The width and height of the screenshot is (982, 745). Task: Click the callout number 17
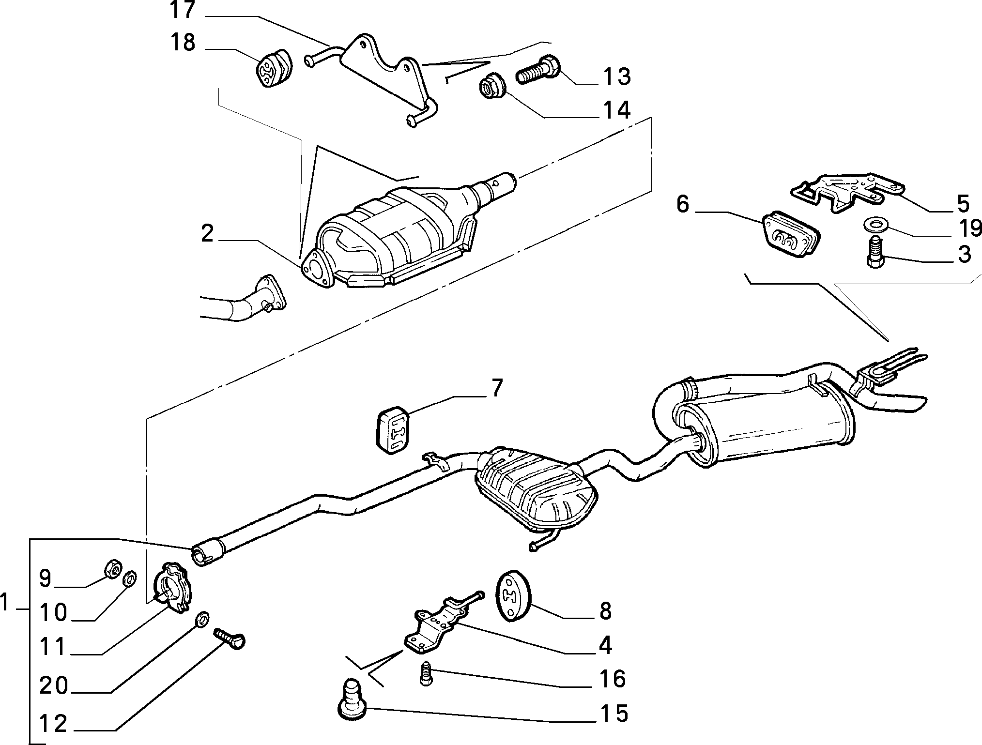(182, 10)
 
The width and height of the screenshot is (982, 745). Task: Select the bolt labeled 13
(538, 70)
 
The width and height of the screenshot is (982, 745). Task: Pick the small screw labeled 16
(425, 673)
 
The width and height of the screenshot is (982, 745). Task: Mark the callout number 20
(54, 686)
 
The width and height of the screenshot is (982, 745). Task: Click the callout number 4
(606, 645)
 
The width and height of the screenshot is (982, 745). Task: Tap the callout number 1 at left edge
(6, 604)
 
